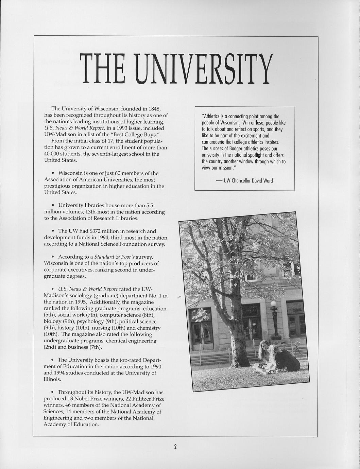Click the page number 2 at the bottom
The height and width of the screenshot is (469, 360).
pos(175,447)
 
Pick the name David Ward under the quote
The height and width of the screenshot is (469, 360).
pos(262,181)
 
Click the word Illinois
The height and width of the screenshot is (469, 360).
pos(52,379)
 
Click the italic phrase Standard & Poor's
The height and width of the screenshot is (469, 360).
pos(114,257)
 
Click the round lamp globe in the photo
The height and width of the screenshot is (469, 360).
pos(273,303)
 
